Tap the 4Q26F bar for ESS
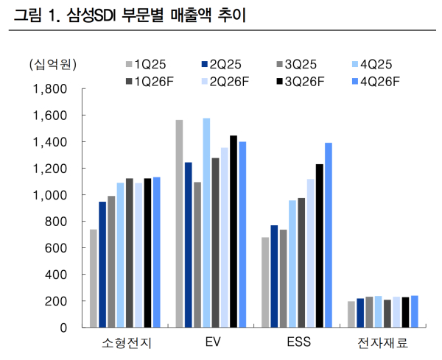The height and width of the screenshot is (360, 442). coord(329,235)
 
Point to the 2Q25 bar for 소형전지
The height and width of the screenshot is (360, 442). coord(102,264)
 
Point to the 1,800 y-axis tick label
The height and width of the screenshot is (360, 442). coord(51,89)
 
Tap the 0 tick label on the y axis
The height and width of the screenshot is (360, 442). coord(64,328)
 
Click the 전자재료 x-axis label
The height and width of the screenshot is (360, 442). coord(382,343)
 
